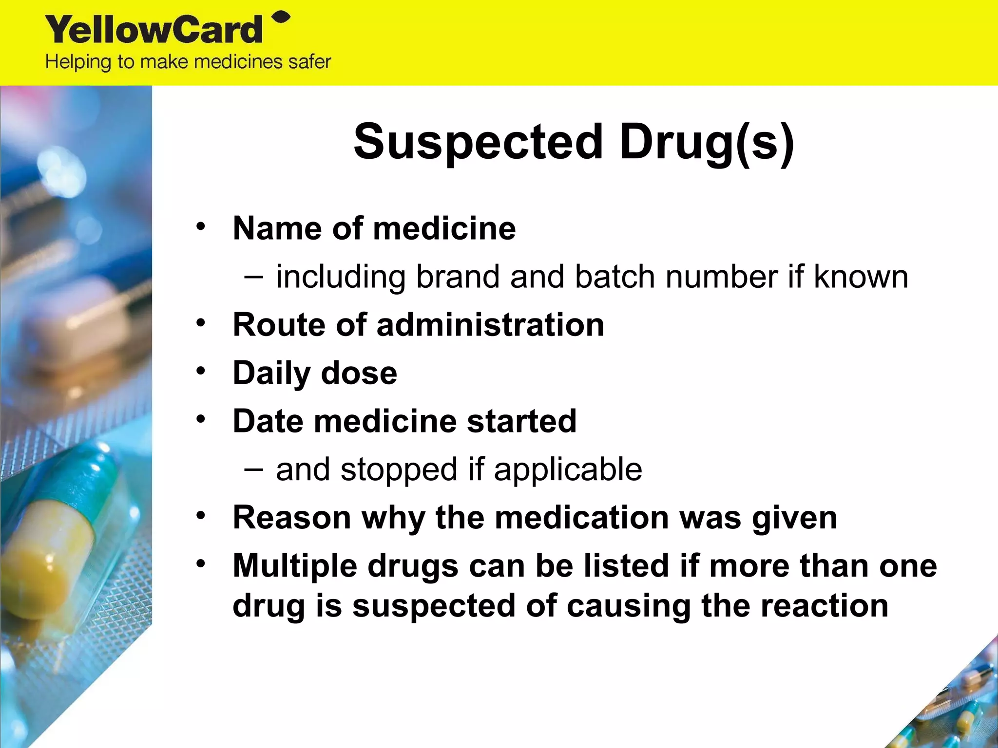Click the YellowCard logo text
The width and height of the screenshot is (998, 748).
pos(154,30)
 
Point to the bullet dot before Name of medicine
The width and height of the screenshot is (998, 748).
pos(201,226)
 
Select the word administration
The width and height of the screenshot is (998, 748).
pos(490,324)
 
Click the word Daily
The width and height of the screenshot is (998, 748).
pos(271,373)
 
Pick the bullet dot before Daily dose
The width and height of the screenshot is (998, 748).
pos(201,371)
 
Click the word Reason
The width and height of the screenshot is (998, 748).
pos(291,517)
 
